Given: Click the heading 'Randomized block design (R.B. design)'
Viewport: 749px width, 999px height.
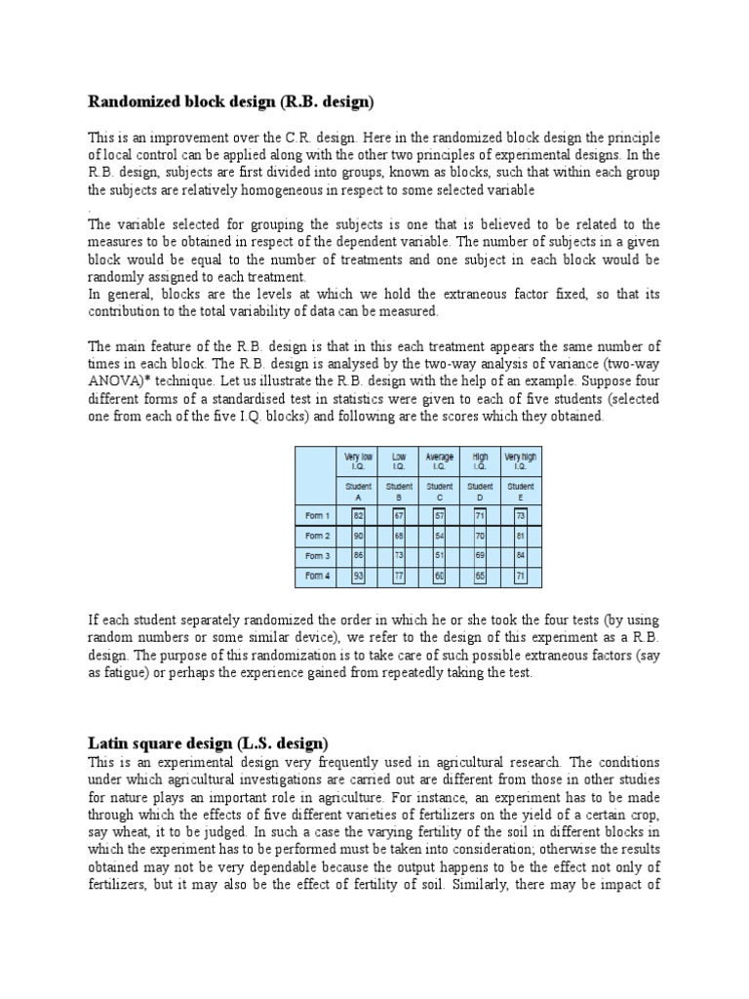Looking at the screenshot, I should [x=231, y=101].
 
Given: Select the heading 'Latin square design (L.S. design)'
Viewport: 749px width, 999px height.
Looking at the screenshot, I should [x=209, y=743].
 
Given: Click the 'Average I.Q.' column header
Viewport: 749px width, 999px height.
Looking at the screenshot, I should [x=439, y=461].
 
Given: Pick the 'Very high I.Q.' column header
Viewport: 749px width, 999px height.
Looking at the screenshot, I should [x=520, y=461].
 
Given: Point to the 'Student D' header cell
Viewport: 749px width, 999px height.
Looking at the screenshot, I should [x=480, y=491].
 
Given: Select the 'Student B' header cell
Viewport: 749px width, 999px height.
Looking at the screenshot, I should [x=399, y=491].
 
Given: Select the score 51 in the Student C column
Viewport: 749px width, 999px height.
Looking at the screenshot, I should [x=439, y=556].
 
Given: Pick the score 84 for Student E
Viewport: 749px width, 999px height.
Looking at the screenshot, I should [x=520, y=556].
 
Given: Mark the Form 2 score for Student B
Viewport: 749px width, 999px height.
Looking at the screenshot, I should [x=398, y=536].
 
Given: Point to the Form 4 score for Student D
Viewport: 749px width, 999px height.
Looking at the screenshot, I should [x=480, y=577].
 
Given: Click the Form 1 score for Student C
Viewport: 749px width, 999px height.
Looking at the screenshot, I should [x=439, y=515].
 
